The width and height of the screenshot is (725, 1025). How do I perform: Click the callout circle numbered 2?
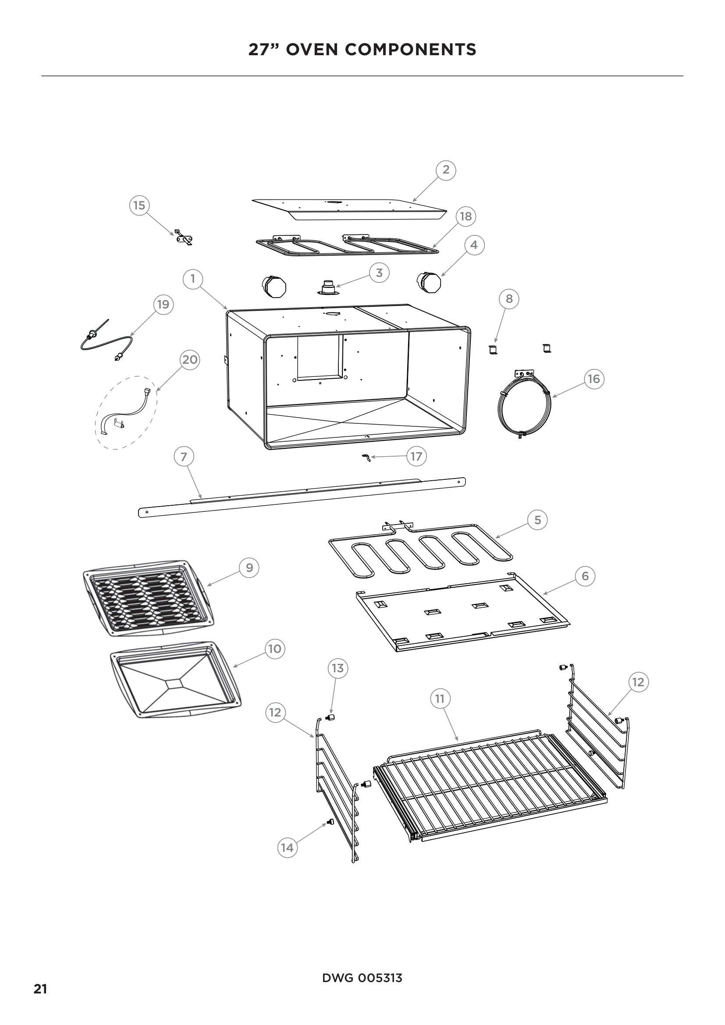(445, 170)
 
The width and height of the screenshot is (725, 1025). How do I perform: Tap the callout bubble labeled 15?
(139, 206)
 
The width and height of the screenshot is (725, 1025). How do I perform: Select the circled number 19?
(163, 305)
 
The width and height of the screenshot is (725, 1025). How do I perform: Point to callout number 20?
(190, 359)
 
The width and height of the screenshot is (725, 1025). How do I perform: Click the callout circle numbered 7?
(184, 456)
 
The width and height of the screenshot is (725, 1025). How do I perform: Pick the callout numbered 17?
(416, 456)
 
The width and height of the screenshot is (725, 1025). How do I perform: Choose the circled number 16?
(594, 379)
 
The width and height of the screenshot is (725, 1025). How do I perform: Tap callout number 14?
(287, 848)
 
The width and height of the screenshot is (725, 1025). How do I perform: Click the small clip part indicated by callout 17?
(366, 458)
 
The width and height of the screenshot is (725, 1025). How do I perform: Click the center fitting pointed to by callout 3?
(328, 287)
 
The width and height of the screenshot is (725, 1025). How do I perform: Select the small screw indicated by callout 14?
(331, 822)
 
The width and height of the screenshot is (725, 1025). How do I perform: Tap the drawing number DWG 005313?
(362, 979)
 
